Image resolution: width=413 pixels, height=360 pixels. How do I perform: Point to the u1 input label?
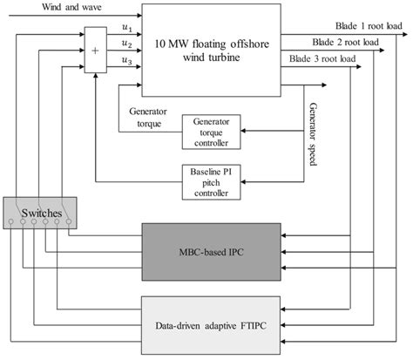pos(126,28)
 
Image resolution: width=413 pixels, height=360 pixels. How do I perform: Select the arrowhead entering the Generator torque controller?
pos(243,130)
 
